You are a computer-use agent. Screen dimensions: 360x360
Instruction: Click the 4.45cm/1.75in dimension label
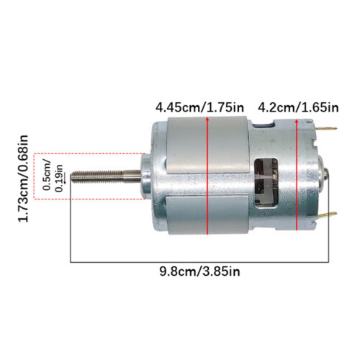(x=199, y=108)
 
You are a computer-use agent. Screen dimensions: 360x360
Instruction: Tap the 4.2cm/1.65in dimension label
(x=298, y=108)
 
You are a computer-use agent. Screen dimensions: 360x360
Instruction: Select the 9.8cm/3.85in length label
(x=199, y=272)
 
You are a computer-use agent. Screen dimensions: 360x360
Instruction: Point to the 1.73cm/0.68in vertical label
(x=24, y=179)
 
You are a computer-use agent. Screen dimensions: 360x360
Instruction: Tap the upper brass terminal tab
(x=327, y=129)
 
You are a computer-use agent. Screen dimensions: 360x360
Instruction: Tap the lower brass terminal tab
(x=328, y=215)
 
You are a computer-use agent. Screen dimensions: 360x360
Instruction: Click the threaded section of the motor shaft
(x=97, y=176)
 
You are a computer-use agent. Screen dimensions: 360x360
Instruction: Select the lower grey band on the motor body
(x=208, y=215)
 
